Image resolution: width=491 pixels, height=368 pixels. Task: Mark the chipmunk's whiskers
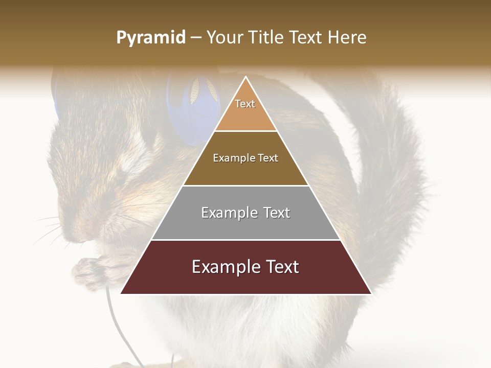tap(51, 230)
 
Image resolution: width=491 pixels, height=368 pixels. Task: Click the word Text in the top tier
tap(245, 104)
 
